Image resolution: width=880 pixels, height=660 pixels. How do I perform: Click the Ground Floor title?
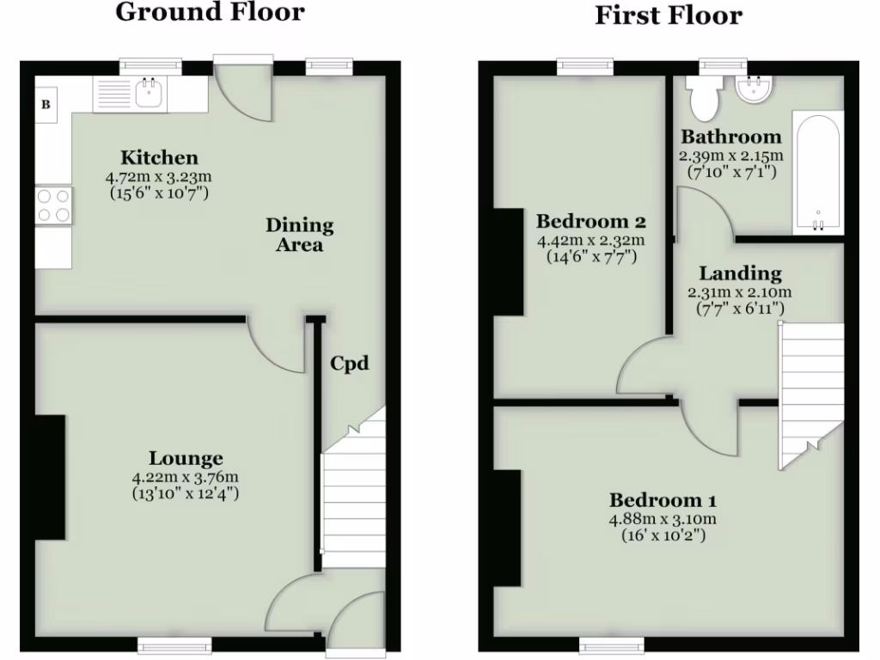[210, 12]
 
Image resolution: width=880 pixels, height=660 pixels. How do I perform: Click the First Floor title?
[669, 15]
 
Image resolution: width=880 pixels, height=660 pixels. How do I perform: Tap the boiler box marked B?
[46, 105]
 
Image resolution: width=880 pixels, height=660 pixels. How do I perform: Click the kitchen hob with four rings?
[52, 206]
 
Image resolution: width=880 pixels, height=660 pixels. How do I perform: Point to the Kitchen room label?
[159, 157]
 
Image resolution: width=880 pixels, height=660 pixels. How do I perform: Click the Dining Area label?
[299, 235]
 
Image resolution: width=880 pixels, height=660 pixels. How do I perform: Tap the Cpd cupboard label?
[350, 364]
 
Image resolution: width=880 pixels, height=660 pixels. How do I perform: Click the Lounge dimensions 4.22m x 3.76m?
[185, 478]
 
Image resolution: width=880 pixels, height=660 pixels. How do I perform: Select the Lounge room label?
[186, 459]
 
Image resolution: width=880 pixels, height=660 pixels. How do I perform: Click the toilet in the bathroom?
[705, 98]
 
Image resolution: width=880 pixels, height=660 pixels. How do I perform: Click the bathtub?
[818, 172]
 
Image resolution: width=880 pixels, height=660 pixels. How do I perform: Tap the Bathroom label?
[731, 137]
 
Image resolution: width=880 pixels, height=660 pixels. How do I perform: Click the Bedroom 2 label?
[590, 221]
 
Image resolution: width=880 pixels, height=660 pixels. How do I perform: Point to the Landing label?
[740, 274]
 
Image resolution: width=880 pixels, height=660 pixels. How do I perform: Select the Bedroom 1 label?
[663, 500]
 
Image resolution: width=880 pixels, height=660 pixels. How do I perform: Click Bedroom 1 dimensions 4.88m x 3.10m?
[663, 519]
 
